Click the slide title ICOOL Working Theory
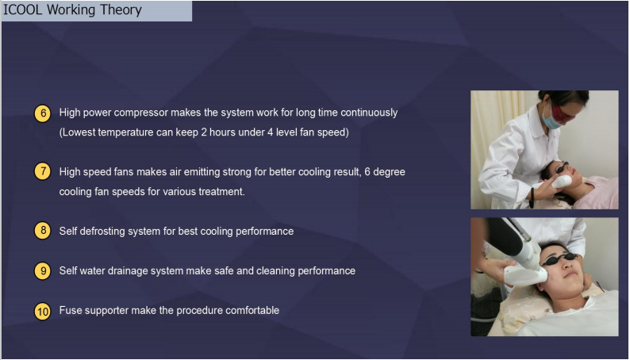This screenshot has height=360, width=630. (72, 10)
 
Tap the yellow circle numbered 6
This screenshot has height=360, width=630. (43, 113)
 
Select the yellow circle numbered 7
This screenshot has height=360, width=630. (43, 172)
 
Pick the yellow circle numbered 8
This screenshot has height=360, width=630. (43, 231)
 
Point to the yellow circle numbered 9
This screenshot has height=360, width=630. (43, 271)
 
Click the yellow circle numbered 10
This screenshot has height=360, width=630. (43, 312)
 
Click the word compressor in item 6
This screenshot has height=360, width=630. (141, 113)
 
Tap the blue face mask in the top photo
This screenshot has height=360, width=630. (551, 119)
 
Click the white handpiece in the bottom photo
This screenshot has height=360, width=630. (524, 270)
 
